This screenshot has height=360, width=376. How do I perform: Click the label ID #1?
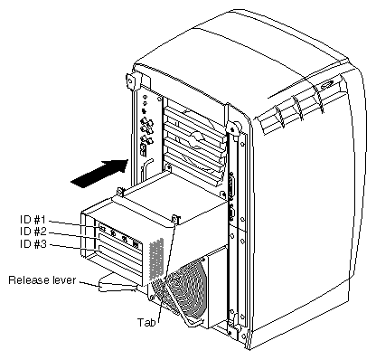[x=33, y=220]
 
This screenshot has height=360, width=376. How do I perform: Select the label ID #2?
[x=33, y=232]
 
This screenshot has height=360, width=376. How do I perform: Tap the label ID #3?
[x=33, y=243]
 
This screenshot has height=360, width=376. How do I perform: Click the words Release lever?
[x=42, y=280]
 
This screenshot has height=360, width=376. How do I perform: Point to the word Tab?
[x=146, y=322]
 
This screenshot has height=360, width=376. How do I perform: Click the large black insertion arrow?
[x=99, y=174]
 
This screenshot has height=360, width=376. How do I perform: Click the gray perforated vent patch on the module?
[x=157, y=258]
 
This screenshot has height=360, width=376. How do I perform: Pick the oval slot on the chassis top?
[x=327, y=85]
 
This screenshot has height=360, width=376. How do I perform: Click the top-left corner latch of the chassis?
[x=130, y=81]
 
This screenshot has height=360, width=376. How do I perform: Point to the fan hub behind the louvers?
[x=196, y=139]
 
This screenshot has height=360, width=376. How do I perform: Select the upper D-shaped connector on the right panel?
[x=231, y=185]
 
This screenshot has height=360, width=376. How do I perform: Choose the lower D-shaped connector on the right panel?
[x=231, y=215]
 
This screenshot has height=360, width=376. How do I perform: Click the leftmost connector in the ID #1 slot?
[x=102, y=229]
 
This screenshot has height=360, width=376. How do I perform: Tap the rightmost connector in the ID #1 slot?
[x=136, y=243]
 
